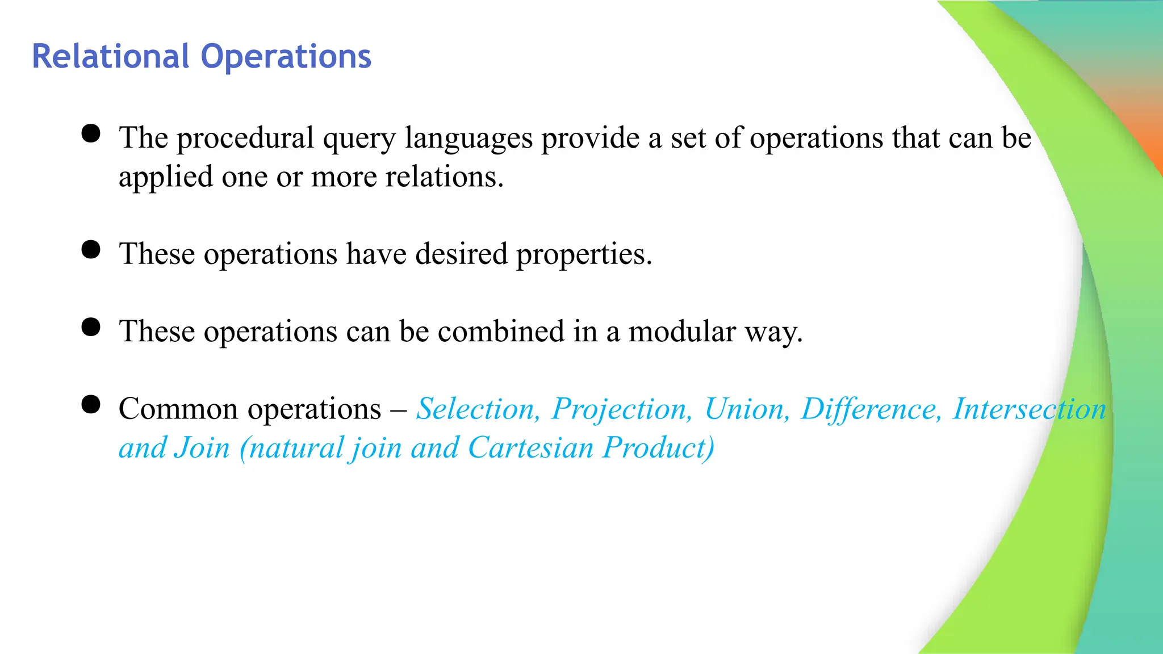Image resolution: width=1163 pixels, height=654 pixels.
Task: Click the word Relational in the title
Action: [x=110, y=57]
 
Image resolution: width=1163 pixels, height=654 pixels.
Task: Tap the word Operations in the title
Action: [x=286, y=57]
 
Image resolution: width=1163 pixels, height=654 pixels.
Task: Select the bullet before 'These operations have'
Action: [x=91, y=249]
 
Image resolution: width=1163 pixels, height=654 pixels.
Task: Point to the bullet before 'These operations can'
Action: [x=91, y=327]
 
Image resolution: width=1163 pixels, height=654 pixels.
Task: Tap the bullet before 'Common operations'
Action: [x=91, y=405]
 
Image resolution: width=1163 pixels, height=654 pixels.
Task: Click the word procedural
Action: [x=245, y=139]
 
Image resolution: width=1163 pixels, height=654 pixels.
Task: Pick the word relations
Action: [x=445, y=177]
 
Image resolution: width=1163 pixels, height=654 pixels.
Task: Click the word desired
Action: [x=461, y=254]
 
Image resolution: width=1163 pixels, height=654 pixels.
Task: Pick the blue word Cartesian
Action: [x=531, y=448]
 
